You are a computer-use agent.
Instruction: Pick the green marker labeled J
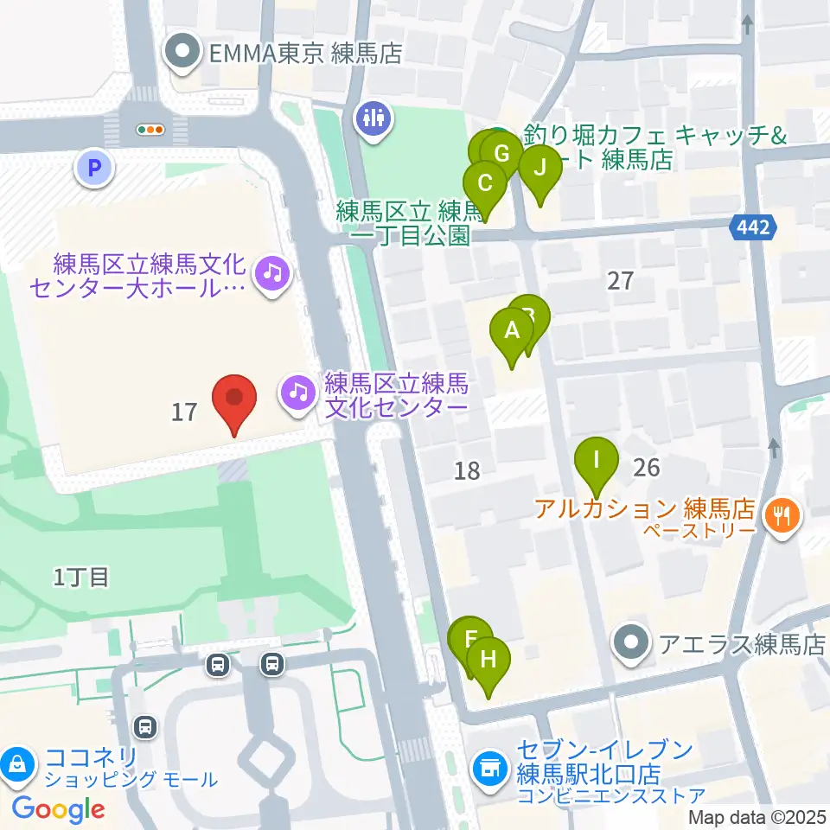(540, 169)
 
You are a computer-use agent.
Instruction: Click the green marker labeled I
(596, 458)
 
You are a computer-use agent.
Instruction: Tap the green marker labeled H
(488, 661)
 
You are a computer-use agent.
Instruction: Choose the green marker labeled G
(501, 153)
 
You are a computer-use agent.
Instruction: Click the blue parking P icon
(95, 167)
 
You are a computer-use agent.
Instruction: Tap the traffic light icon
(150, 130)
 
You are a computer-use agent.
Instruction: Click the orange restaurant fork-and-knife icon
(782, 517)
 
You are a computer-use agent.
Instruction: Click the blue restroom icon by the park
(373, 118)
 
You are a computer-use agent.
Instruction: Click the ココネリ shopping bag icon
(16, 763)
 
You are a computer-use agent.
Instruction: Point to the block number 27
(621, 280)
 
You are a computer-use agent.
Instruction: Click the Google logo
(59, 809)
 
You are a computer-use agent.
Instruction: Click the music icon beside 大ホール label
(272, 274)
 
